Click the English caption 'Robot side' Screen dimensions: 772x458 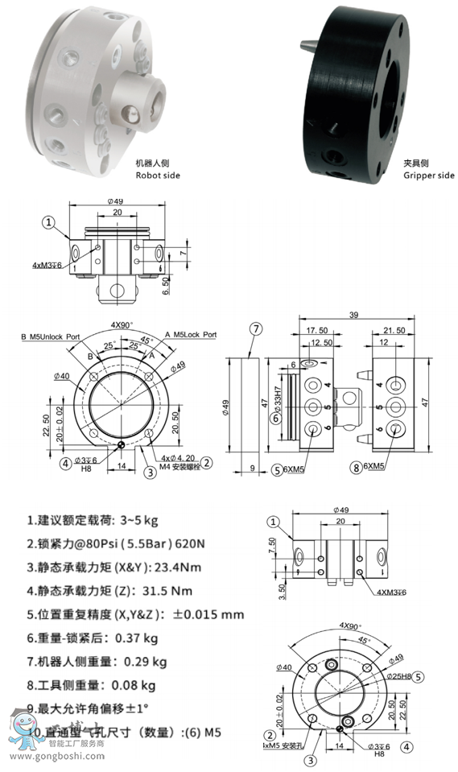point(158,175)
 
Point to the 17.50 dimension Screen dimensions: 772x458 point(315,330)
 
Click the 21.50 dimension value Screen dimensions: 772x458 point(394,330)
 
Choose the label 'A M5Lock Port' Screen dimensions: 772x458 point(191,334)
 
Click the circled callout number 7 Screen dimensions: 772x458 point(256,328)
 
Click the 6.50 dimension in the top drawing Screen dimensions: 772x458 point(166,286)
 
